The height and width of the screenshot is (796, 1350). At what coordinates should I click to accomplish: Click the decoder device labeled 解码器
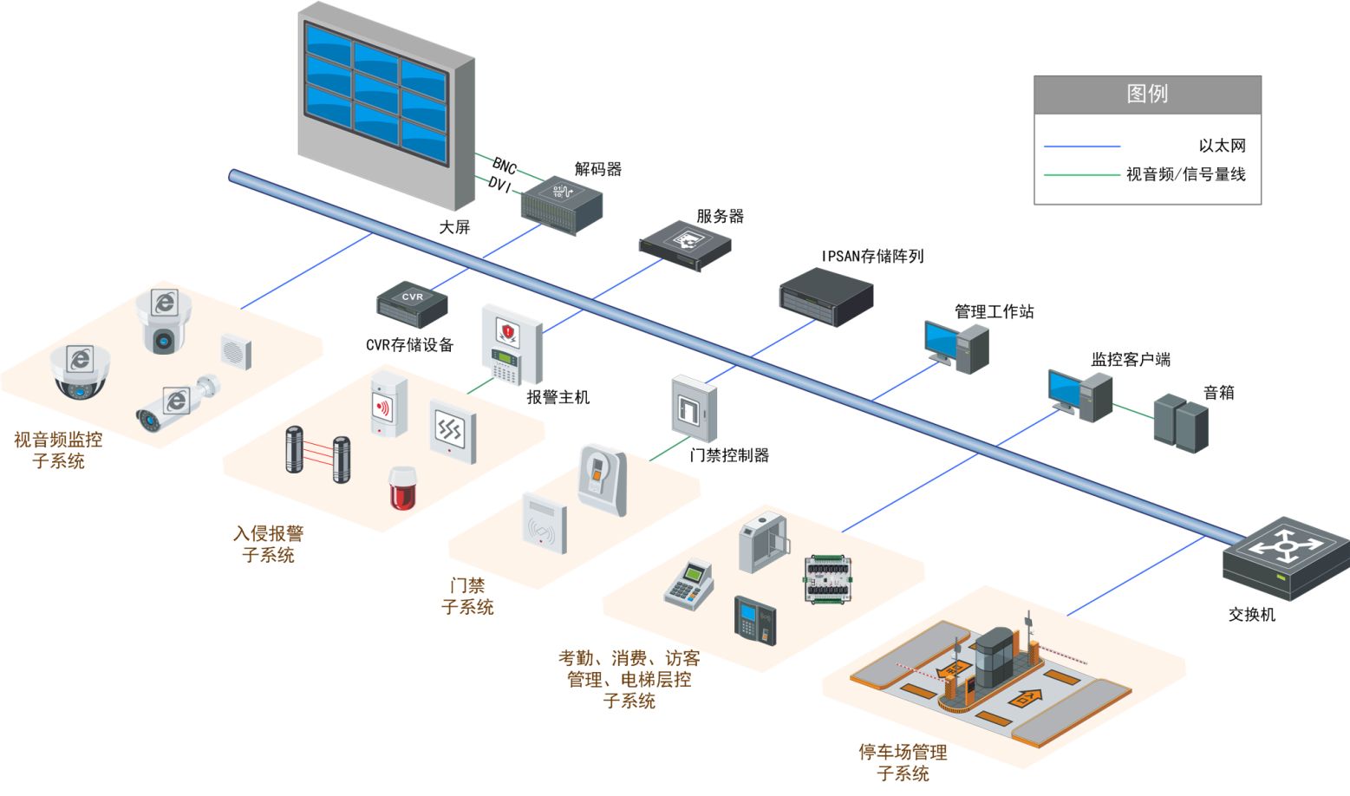coord(561,204)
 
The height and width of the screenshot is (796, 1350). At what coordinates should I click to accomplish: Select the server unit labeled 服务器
coord(685,244)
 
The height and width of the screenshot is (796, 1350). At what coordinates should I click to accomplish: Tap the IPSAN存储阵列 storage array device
coord(825,297)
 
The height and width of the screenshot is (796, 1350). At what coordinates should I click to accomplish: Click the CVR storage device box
coord(412,304)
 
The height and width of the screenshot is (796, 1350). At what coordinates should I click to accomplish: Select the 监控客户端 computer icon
coord(1079,395)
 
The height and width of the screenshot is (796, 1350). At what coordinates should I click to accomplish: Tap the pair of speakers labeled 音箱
coord(1181,422)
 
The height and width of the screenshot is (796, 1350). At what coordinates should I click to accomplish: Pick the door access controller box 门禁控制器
coord(694,409)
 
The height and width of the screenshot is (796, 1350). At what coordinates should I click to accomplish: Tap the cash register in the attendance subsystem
coord(688,585)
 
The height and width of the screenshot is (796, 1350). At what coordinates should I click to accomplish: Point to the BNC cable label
coord(505,166)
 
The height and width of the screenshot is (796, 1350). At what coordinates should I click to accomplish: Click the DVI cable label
coord(499,185)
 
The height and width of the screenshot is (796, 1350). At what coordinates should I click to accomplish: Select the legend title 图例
coord(1146,94)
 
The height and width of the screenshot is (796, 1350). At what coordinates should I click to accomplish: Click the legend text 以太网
coord(1222,146)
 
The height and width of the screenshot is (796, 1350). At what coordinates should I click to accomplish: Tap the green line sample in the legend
coord(1081,175)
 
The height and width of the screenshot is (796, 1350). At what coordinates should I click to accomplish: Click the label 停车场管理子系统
coord(903,762)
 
